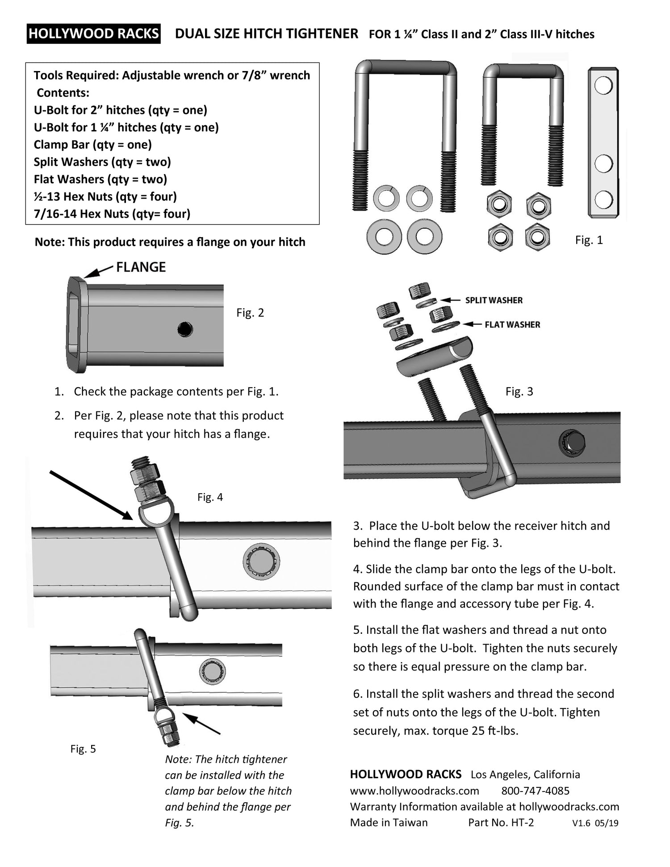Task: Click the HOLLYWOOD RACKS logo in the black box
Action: pos(93,34)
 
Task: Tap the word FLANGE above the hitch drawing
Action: pos(141,267)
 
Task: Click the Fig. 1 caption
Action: pos(589,240)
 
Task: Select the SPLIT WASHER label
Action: pos(494,300)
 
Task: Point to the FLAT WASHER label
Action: pos(512,325)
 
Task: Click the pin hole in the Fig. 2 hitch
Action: pos(185,330)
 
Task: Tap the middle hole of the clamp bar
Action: pos(603,164)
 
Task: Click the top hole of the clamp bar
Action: pos(603,85)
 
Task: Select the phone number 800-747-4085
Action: pos(535,791)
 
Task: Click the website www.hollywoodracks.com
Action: pos(415,791)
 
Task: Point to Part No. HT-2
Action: pos(501,822)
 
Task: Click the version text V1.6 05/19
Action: pos(595,823)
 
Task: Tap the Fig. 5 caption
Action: pos(83,749)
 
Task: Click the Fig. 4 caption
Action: pos(210,497)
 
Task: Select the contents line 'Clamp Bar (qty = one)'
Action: pos(93,145)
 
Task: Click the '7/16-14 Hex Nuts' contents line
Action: pos(112,214)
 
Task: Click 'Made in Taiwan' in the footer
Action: pos(389,822)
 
